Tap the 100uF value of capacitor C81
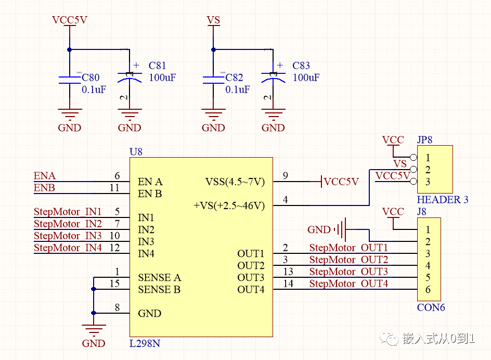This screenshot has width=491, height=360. coord(162,78)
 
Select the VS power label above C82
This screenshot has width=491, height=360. coord(213,20)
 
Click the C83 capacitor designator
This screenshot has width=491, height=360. coord(301,66)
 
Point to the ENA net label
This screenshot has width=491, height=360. coord(45,176)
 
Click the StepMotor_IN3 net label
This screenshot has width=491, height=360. coord(68,236)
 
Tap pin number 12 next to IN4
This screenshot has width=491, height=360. coord(114,248)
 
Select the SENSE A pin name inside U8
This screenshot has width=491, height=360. coord(159,277)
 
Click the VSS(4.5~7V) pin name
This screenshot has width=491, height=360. coord(235,182)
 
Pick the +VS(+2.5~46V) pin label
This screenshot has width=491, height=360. coord(229,205)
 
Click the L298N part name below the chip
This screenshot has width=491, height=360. coord(145,343)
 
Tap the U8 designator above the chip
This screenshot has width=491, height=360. coord(136,152)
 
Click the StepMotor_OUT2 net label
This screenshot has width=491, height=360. coord(348,260)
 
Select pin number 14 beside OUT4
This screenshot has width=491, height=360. coord(289,284)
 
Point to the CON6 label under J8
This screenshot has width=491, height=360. coord(431,307)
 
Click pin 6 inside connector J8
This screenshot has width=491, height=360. coord(428,290)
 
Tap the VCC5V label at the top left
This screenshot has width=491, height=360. coord(70,20)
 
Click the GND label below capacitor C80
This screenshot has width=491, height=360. coord(70,128)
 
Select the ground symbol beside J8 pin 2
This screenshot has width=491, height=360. coord(341,229)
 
